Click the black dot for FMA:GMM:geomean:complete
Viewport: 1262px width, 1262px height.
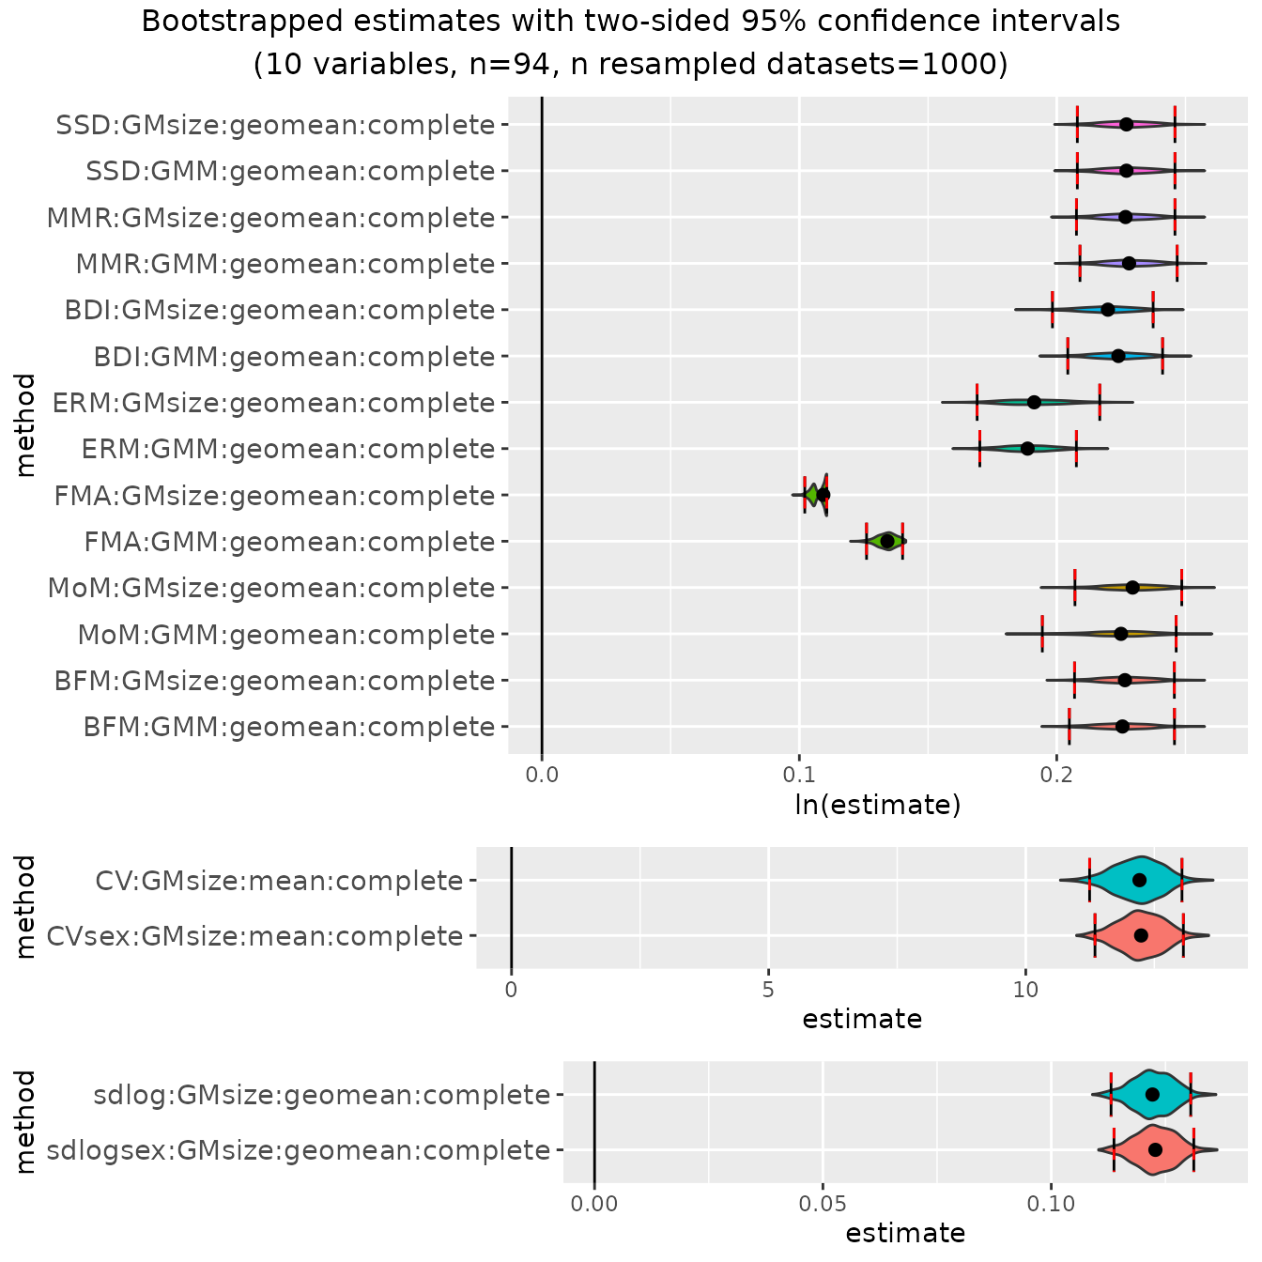[887, 541]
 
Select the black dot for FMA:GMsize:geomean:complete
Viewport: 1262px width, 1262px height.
[823, 495]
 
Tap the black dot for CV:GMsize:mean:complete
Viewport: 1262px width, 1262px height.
[1139, 880]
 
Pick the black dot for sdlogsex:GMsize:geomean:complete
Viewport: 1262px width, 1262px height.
[1155, 1149]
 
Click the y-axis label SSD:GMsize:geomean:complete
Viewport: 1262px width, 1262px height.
[275, 125]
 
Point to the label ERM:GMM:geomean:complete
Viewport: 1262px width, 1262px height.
[288, 449]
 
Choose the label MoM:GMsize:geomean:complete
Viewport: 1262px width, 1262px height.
[271, 588]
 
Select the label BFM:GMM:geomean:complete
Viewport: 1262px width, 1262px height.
[289, 727]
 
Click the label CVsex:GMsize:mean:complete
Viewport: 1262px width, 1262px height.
[254, 936]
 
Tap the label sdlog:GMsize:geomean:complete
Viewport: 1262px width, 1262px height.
[322, 1095]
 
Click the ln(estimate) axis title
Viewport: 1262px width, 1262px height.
[878, 805]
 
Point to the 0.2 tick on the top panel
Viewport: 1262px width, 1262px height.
[1056, 775]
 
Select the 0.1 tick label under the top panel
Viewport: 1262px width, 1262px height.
[799, 775]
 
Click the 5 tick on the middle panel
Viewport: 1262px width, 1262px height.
[768, 990]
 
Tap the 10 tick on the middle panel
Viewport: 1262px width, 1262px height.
[1025, 990]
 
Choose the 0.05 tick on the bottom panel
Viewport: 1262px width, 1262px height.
[823, 1204]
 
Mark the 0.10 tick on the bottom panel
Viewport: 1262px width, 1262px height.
[1051, 1204]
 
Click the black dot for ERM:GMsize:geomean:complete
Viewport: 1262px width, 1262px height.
[1034, 402]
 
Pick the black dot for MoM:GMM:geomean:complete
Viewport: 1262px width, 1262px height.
[1120, 634]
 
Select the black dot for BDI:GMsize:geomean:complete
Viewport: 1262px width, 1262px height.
[1108, 310]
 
